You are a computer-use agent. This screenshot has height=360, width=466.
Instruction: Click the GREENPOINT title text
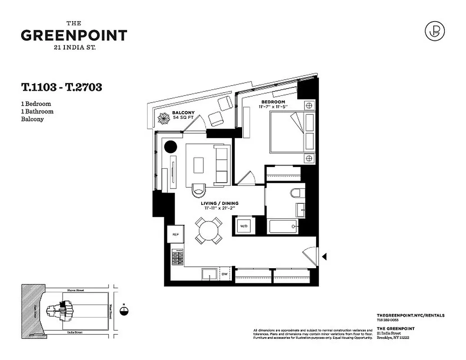(x=74, y=35)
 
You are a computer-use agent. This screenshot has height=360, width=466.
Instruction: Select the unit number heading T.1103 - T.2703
(x=61, y=87)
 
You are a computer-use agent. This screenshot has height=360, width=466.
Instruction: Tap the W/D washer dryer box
(x=244, y=225)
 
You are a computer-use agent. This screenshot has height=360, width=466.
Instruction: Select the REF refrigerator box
(x=175, y=234)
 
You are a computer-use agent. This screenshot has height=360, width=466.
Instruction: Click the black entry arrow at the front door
(x=324, y=256)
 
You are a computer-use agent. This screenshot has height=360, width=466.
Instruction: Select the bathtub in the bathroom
(x=282, y=226)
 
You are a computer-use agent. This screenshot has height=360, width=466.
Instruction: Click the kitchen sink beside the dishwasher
(x=209, y=274)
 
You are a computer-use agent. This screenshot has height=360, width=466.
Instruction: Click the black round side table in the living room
(x=170, y=146)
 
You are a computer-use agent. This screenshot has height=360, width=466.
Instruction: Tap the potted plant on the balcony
(x=163, y=119)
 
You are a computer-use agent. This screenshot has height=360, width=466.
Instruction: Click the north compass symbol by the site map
(x=124, y=310)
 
